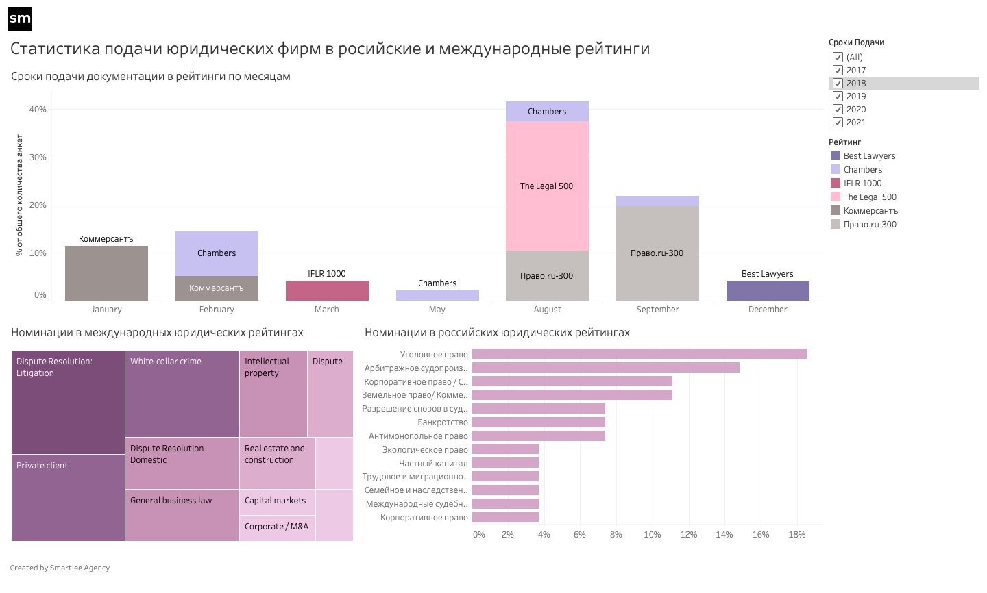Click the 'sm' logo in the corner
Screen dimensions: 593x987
tap(20, 19)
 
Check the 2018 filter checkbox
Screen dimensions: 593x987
tap(838, 84)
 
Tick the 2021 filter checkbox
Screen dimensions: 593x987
tap(838, 123)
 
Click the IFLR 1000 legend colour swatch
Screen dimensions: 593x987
tap(836, 183)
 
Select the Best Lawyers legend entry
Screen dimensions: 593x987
tap(869, 156)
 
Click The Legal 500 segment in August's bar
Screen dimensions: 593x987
tap(547, 186)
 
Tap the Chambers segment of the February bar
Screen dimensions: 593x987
tap(217, 253)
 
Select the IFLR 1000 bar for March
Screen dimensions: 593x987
tap(327, 290)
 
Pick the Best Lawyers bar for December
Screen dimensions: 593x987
tap(768, 290)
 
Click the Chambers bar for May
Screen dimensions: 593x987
tap(437, 296)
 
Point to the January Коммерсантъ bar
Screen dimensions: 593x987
tap(106, 273)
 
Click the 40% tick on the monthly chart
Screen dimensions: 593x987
tap(38, 110)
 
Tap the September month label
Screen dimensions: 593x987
tap(657, 310)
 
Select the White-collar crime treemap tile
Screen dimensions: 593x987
tap(182, 394)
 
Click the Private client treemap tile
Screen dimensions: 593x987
tap(68, 498)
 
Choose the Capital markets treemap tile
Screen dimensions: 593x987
tap(277, 501)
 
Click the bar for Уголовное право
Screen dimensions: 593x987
tap(639, 354)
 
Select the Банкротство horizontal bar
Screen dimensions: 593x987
tap(538, 422)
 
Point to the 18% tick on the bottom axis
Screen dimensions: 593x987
tap(796, 535)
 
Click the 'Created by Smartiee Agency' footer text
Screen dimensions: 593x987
tap(60, 568)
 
